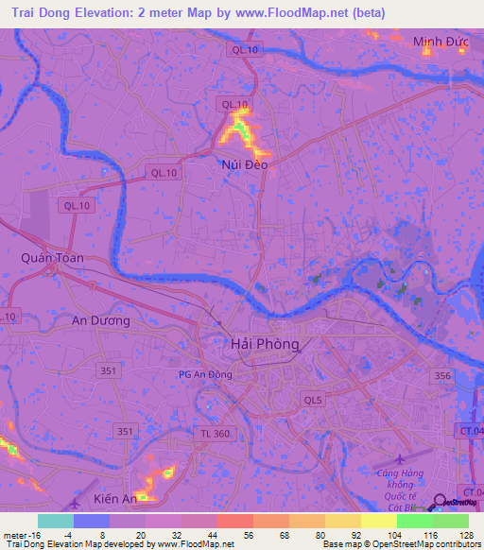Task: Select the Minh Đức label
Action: pos(441,42)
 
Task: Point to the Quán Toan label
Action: pos(52,257)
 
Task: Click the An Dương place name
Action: pos(101,320)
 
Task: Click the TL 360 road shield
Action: pos(216,432)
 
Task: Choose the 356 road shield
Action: pos(441,375)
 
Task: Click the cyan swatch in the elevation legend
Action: pos(56,521)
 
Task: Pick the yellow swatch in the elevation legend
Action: pos(378,521)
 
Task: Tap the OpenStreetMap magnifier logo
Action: pos(440,504)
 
